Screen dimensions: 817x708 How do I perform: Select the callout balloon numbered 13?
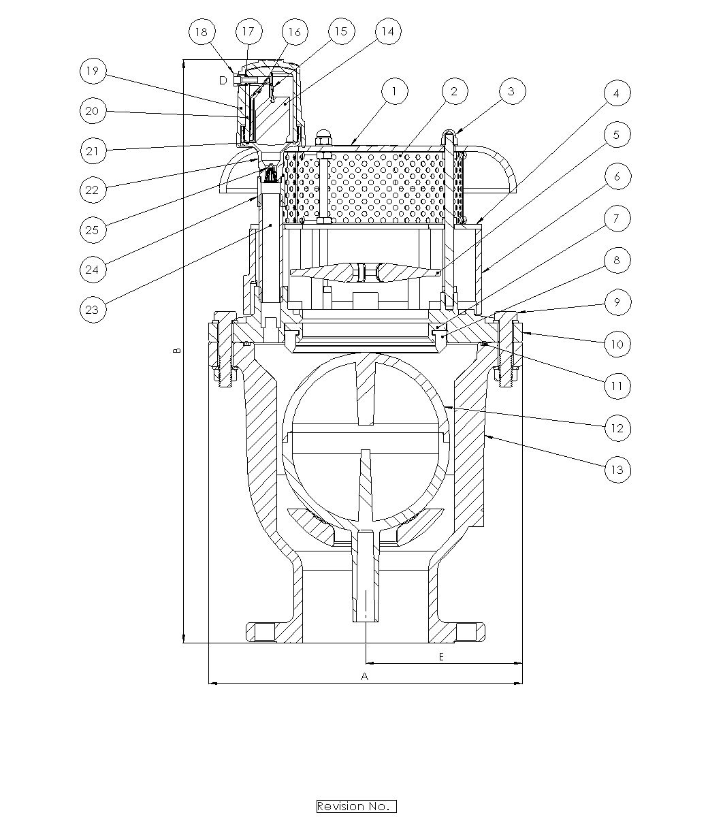(x=616, y=470)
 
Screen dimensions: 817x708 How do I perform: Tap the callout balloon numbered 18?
(x=203, y=32)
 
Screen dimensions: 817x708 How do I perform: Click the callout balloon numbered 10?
(x=616, y=344)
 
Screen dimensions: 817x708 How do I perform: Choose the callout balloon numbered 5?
(x=616, y=134)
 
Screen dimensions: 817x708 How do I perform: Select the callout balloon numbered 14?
(x=387, y=32)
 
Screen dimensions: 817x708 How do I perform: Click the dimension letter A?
(x=364, y=676)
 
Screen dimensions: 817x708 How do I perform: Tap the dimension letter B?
(x=177, y=351)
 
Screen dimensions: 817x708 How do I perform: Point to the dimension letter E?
(x=441, y=656)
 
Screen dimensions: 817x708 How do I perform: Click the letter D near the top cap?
(x=223, y=80)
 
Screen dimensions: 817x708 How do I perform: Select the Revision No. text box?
(x=356, y=806)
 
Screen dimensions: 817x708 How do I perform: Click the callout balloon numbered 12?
(x=616, y=428)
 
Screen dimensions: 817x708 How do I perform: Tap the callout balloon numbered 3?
(x=511, y=91)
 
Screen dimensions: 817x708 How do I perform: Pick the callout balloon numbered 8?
(x=616, y=260)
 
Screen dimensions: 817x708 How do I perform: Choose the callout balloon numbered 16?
(x=294, y=32)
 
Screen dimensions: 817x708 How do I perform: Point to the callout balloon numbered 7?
(x=616, y=218)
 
